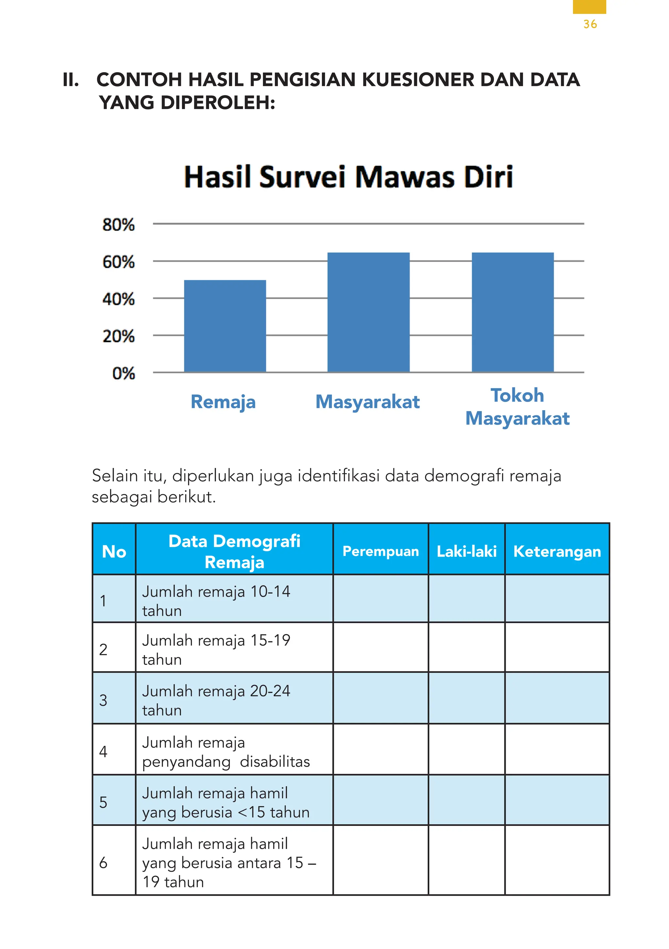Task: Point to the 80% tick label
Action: coord(119,225)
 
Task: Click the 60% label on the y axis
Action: coord(119,262)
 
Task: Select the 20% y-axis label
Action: coord(119,336)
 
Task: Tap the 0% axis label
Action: coord(123,373)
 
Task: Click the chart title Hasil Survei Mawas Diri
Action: coord(348,177)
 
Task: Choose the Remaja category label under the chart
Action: coord(223,402)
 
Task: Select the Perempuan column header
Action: coord(380,551)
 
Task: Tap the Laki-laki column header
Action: coord(466,551)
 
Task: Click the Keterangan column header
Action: coord(557,551)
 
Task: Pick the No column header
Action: coord(114,551)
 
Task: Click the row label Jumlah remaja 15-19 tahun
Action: coord(216,649)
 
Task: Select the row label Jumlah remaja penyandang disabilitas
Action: coord(226,751)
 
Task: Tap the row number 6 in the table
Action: coord(103,862)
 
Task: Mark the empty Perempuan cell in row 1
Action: coord(380,599)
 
